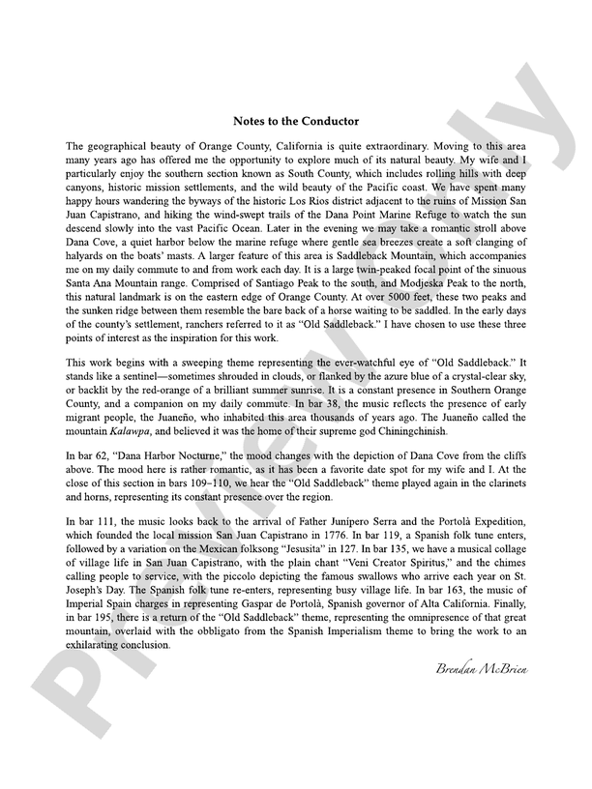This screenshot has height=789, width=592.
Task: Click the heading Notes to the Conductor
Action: pyautogui.click(x=296, y=121)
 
